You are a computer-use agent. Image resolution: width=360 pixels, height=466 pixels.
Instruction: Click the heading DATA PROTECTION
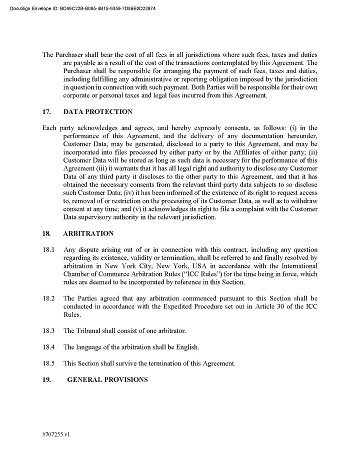click(98, 111)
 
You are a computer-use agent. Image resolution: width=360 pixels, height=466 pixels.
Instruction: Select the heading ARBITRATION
click(88, 233)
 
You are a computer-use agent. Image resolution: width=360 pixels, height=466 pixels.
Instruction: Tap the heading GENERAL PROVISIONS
click(107, 379)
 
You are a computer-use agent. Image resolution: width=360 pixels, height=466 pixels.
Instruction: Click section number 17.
click(46, 111)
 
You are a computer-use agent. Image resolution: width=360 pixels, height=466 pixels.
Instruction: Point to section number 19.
click(46, 379)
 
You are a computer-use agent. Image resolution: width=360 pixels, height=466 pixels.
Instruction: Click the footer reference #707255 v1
click(56, 435)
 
